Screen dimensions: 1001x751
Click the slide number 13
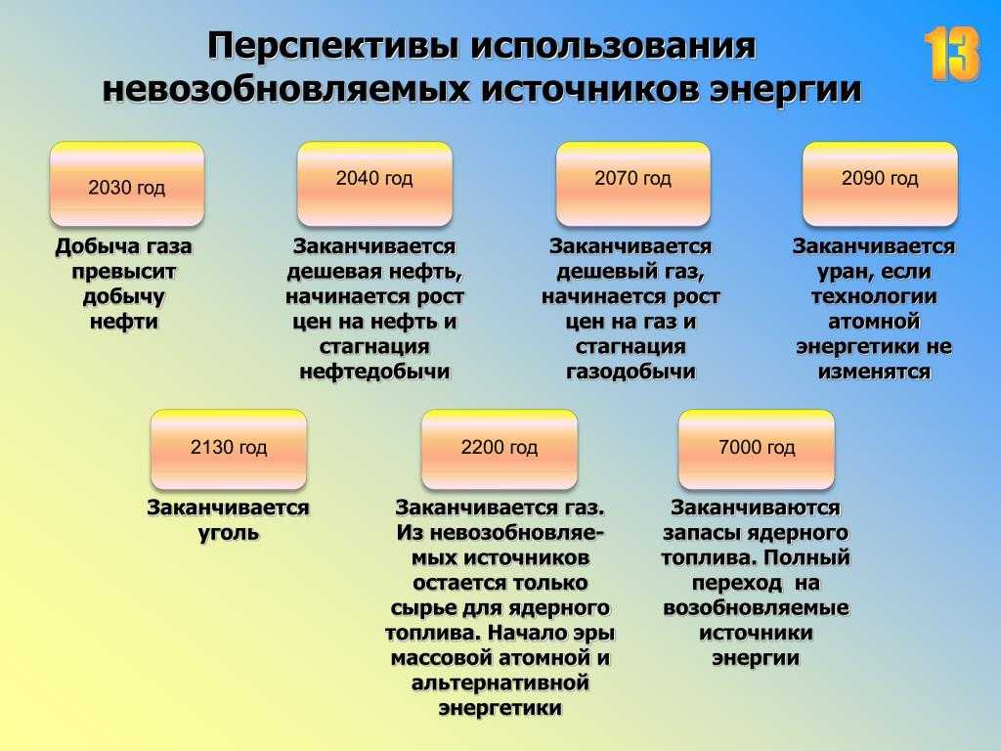(x=952, y=54)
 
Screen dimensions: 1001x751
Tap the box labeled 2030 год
(x=127, y=184)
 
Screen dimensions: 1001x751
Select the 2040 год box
(x=374, y=184)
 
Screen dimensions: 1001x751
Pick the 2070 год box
(x=633, y=184)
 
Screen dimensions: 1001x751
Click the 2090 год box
(x=880, y=184)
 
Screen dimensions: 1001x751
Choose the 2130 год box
(x=229, y=450)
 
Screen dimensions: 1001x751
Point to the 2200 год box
(x=500, y=450)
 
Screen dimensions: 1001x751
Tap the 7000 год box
(x=757, y=450)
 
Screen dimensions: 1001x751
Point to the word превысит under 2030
(x=124, y=272)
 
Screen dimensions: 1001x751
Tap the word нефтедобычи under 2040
(x=374, y=372)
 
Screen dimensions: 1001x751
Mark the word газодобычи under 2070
(x=631, y=372)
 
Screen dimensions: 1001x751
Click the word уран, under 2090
(x=842, y=273)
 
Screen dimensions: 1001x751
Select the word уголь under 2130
(x=229, y=533)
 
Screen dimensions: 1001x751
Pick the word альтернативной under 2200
(x=500, y=683)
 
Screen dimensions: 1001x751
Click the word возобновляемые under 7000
(x=756, y=607)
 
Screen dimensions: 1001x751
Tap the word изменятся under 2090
(x=874, y=372)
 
